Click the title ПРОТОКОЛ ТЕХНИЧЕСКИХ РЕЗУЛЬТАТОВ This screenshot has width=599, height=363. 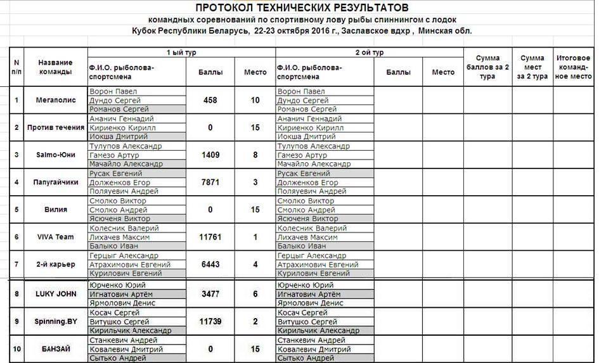(301, 8)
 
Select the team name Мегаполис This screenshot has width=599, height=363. (56, 100)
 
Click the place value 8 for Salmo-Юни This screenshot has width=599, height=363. (255, 155)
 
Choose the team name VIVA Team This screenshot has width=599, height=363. (56, 237)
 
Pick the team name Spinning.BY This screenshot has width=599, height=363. (56, 321)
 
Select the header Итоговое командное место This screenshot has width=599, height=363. (573, 67)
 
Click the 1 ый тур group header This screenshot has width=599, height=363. (181, 53)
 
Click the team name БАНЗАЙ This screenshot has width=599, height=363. (56, 348)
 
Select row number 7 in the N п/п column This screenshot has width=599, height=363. (16, 264)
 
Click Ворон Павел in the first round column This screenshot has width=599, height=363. (113, 91)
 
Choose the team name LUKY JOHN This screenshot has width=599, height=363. (56, 294)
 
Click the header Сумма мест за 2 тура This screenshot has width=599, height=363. (532, 67)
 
